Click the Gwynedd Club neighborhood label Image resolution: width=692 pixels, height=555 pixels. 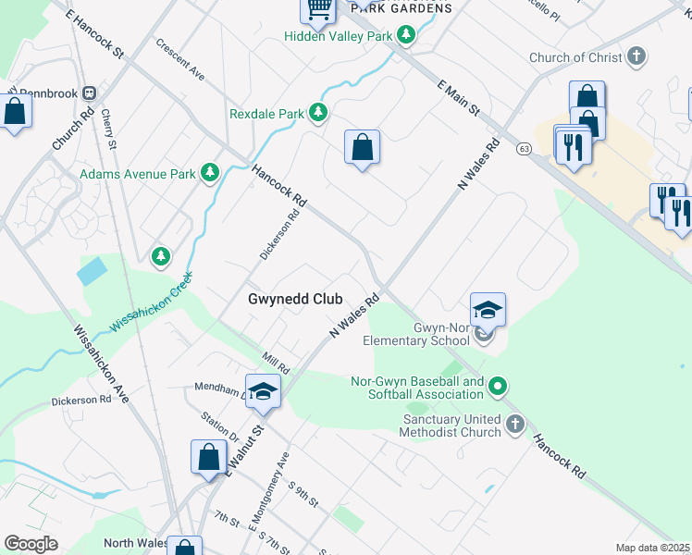pyautogui.click(x=295, y=299)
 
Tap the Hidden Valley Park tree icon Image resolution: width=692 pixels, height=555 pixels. pyautogui.click(x=405, y=35)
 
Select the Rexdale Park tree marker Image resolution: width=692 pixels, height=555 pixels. pyautogui.click(x=318, y=113)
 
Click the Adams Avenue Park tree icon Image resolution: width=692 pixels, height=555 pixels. pyautogui.click(x=211, y=172)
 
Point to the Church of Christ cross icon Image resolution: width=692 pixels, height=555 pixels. pyautogui.click(x=636, y=57)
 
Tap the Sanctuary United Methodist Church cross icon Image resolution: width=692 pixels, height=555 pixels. pyautogui.click(x=515, y=425)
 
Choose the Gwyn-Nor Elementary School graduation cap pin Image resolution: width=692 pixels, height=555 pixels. pyautogui.click(x=488, y=311)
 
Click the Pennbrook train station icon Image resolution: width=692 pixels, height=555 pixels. pyautogui.click(x=90, y=93)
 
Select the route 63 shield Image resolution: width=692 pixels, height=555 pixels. pyautogui.click(x=524, y=147)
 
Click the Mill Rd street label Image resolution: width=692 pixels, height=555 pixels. pyautogui.click(x=276, y=364)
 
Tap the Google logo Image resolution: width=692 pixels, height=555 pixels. pyautogui.click(x=31, y=544)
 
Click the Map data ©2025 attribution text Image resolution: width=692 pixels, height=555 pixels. pyautogui.click(x=652, y=548)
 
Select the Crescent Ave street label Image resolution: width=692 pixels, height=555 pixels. pyautogui.click(x=179, y=58)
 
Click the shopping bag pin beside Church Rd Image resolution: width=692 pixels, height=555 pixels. pyautogui.click(x=15, y=113)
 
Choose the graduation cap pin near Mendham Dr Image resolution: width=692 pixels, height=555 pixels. pyautogui.click(x=263, y=391)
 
